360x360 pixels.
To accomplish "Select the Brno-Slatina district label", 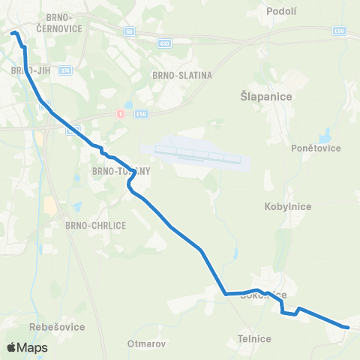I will click(182, 75).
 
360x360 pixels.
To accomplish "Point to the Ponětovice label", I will click(316, 148).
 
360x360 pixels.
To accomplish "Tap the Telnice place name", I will click(253, 339).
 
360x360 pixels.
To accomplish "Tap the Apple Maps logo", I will click(27, 347).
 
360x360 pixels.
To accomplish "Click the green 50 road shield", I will click(129, 31).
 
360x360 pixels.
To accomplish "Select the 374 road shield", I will click(65, 70).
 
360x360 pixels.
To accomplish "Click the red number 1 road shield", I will click(118, 113).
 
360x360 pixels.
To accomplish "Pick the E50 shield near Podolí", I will click(340, 31).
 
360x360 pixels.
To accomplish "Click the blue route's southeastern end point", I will click(348, 327).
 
